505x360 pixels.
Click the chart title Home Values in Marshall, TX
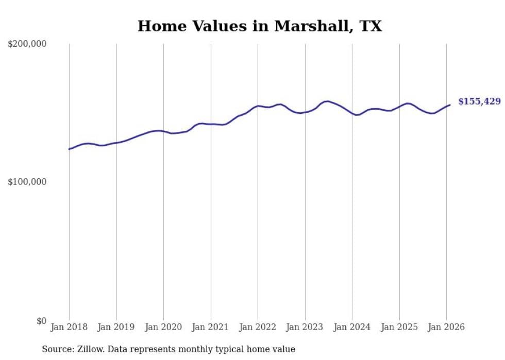pyautogui.click(x=260, y=26)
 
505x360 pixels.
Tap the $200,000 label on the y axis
pyautogui.click(x=27, y=44)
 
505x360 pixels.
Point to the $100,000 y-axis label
pyautogui.click(x=27, y=182)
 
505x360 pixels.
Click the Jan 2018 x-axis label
pyautogui.click(x=69, y=327)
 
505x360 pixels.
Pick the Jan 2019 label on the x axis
pyautogui.click(x=116, y=327)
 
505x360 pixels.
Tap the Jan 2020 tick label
pyautogui.click(x=163, y=327)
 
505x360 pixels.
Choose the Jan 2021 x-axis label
pyautogui.click(x=210, y=327)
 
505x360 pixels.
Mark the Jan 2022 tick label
pyautogui.click(x=258, y=327)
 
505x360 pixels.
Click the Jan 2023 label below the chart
pyautogui.click(x=305, y=327)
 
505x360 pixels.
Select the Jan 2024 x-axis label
pyautogui.click(x=352, y=327)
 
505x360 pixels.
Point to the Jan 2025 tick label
pyautogui.click(x=399, y=327)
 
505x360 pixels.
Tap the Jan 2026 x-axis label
pyautogui.click(x=446, y=327)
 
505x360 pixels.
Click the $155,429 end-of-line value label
pyautogui.click(x=479, y=102)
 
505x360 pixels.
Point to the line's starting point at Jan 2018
pyautogui.click(x=69, y=149)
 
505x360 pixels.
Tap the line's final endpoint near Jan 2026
pyautogui.click(x=450, y=105)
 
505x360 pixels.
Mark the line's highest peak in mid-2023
pyautogui.click(x=327, y=101)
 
